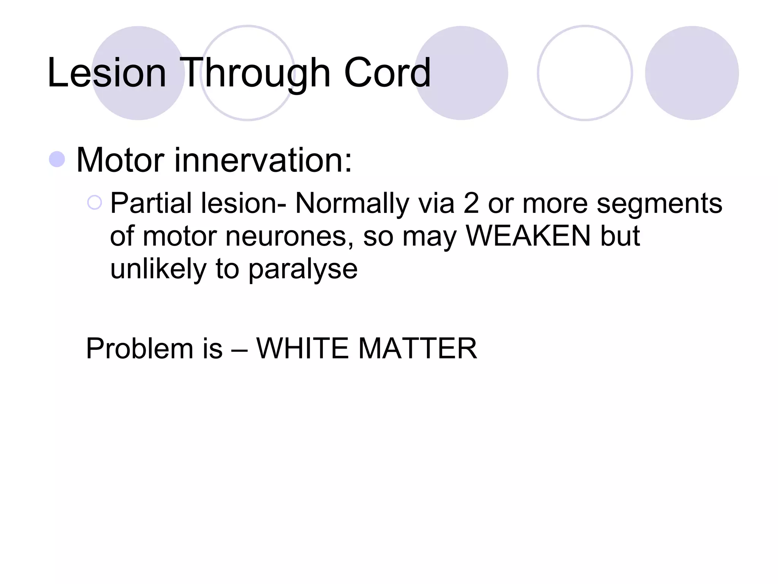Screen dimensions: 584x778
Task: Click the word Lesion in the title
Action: click(x=107, y=73)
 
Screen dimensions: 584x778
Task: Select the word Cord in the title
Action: click(x=387, y=73)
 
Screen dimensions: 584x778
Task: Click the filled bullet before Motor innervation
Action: click(x=57, y=159)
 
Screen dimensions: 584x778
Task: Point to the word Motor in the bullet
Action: click(x=120, y=160)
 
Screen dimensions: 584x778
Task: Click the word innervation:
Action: click(x=263, y=160)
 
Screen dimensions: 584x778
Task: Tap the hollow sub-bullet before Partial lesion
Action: click(x=95, y=203)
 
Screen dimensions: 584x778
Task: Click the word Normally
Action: click(x=352, y=203)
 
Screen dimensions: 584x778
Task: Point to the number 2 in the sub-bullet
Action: click(x=471, y=203)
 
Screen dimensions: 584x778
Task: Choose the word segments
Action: click(x=659, y=204)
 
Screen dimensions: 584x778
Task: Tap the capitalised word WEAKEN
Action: click(x=528, y=236)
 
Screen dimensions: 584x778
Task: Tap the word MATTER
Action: click(x=417, y=348)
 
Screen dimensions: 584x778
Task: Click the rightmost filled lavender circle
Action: click(x=692, y=73)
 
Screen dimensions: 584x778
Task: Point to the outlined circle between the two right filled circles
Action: click(x=585, y=73)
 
